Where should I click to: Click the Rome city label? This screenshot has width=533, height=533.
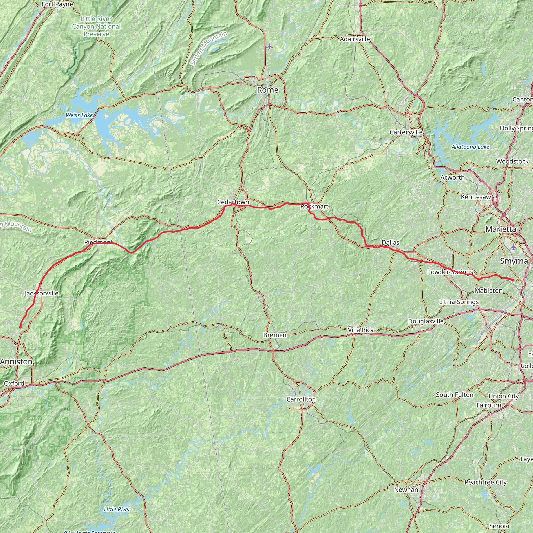pyautogui.click(x=268, y=90)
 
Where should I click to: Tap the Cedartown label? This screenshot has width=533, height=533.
pyautogui.click(x=233, y=202)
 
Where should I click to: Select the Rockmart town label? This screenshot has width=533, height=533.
pyautogui.click(x=314, y=207)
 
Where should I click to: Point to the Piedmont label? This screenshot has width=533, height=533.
pyautogui.click(x=98, y=243)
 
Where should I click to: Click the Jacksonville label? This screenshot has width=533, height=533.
pyautogui.click(x=42, y=293)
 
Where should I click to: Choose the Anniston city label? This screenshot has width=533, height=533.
pyautogui.click(x=16, y=362)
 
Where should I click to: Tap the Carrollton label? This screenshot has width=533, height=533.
pyautogui.click(x=301, y=399)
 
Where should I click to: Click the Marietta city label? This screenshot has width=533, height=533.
pyautogui.click(x=501, y=229)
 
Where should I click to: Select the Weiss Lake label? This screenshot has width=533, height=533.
pyautogui.click(x=79, y=115)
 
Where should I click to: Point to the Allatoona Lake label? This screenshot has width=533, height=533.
pyautogui.click(x=470, y=147)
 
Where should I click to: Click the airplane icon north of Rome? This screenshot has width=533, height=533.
pyautogui.click(x=270, y=47)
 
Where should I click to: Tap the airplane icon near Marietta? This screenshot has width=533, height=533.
pyautogui.click(x=513, y=247)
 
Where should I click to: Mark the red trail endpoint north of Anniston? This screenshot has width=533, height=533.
pyautogui.click(x=20, y=327)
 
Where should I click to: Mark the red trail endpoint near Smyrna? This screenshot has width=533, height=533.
pyautogui.click(x=513, y=280)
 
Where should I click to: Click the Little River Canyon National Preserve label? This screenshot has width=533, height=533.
pyautogui.click(x=96, y=27)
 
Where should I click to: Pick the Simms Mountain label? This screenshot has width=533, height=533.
pyautogui.click(x=208, y=48)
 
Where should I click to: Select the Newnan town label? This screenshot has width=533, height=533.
pyautogui.click(x=406, y=490)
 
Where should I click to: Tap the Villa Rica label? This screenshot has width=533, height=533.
pyautogui.click(x=360, y=330)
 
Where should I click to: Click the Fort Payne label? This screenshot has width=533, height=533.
pyautogui.click(x=57, y=4)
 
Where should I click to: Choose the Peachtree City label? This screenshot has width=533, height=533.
pyautogui.click(x=486, y=482)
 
